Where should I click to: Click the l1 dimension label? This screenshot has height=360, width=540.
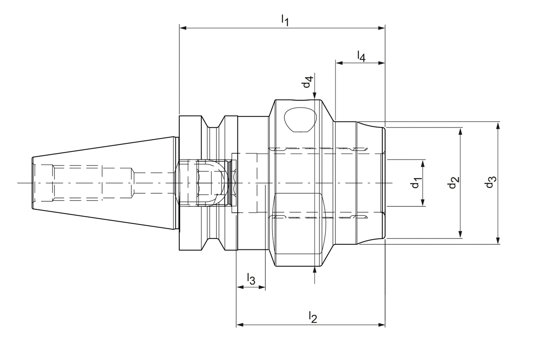[x=285, y=20]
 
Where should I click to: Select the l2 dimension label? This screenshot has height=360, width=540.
[x=313, y=317]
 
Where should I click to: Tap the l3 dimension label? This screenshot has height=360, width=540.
[x=251, y=279]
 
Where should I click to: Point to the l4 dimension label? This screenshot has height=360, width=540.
[x=361, y=56]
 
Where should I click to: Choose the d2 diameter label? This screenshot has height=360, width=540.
[x=453, y=182]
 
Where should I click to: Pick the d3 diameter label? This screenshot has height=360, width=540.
[x=490, y=182]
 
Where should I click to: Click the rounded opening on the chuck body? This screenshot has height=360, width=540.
[x=300, y=119]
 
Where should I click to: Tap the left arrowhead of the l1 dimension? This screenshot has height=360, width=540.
[x=183, y=28]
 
